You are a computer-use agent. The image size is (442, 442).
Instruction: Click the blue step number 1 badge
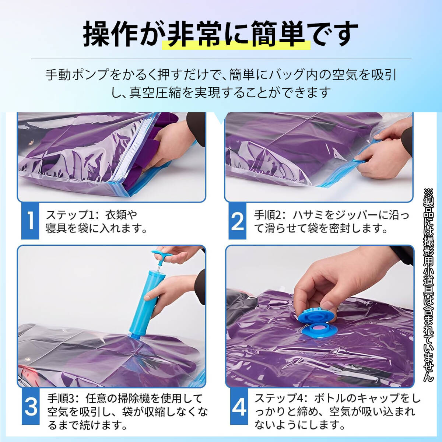tap(30, 221)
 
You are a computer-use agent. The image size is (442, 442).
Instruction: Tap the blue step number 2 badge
tap(238, 221)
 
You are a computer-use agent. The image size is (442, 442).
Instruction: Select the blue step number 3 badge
tap(31, 406)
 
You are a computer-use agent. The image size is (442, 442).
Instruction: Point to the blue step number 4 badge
tap(239, 406)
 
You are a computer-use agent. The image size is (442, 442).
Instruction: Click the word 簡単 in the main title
tap(282, 34)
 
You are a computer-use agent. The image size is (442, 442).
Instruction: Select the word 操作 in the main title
tap(109, 34)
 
